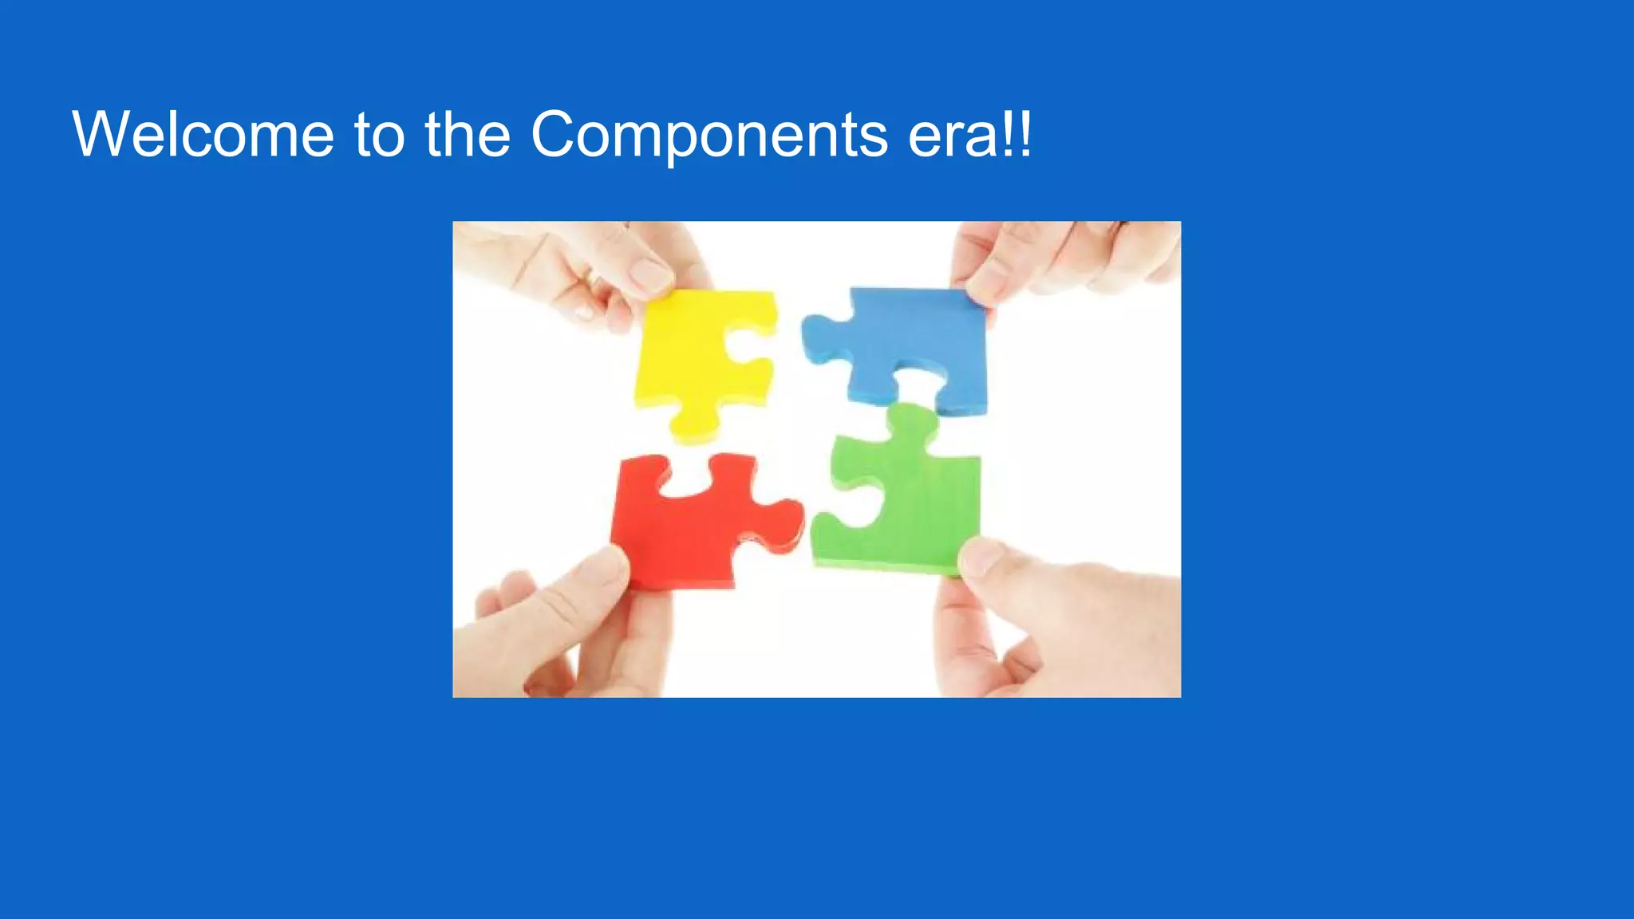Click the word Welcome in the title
[x=203, y=134]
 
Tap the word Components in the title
[x=708, y=134]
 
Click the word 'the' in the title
[x=468, y=134]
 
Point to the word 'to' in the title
[x=379, y=134]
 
